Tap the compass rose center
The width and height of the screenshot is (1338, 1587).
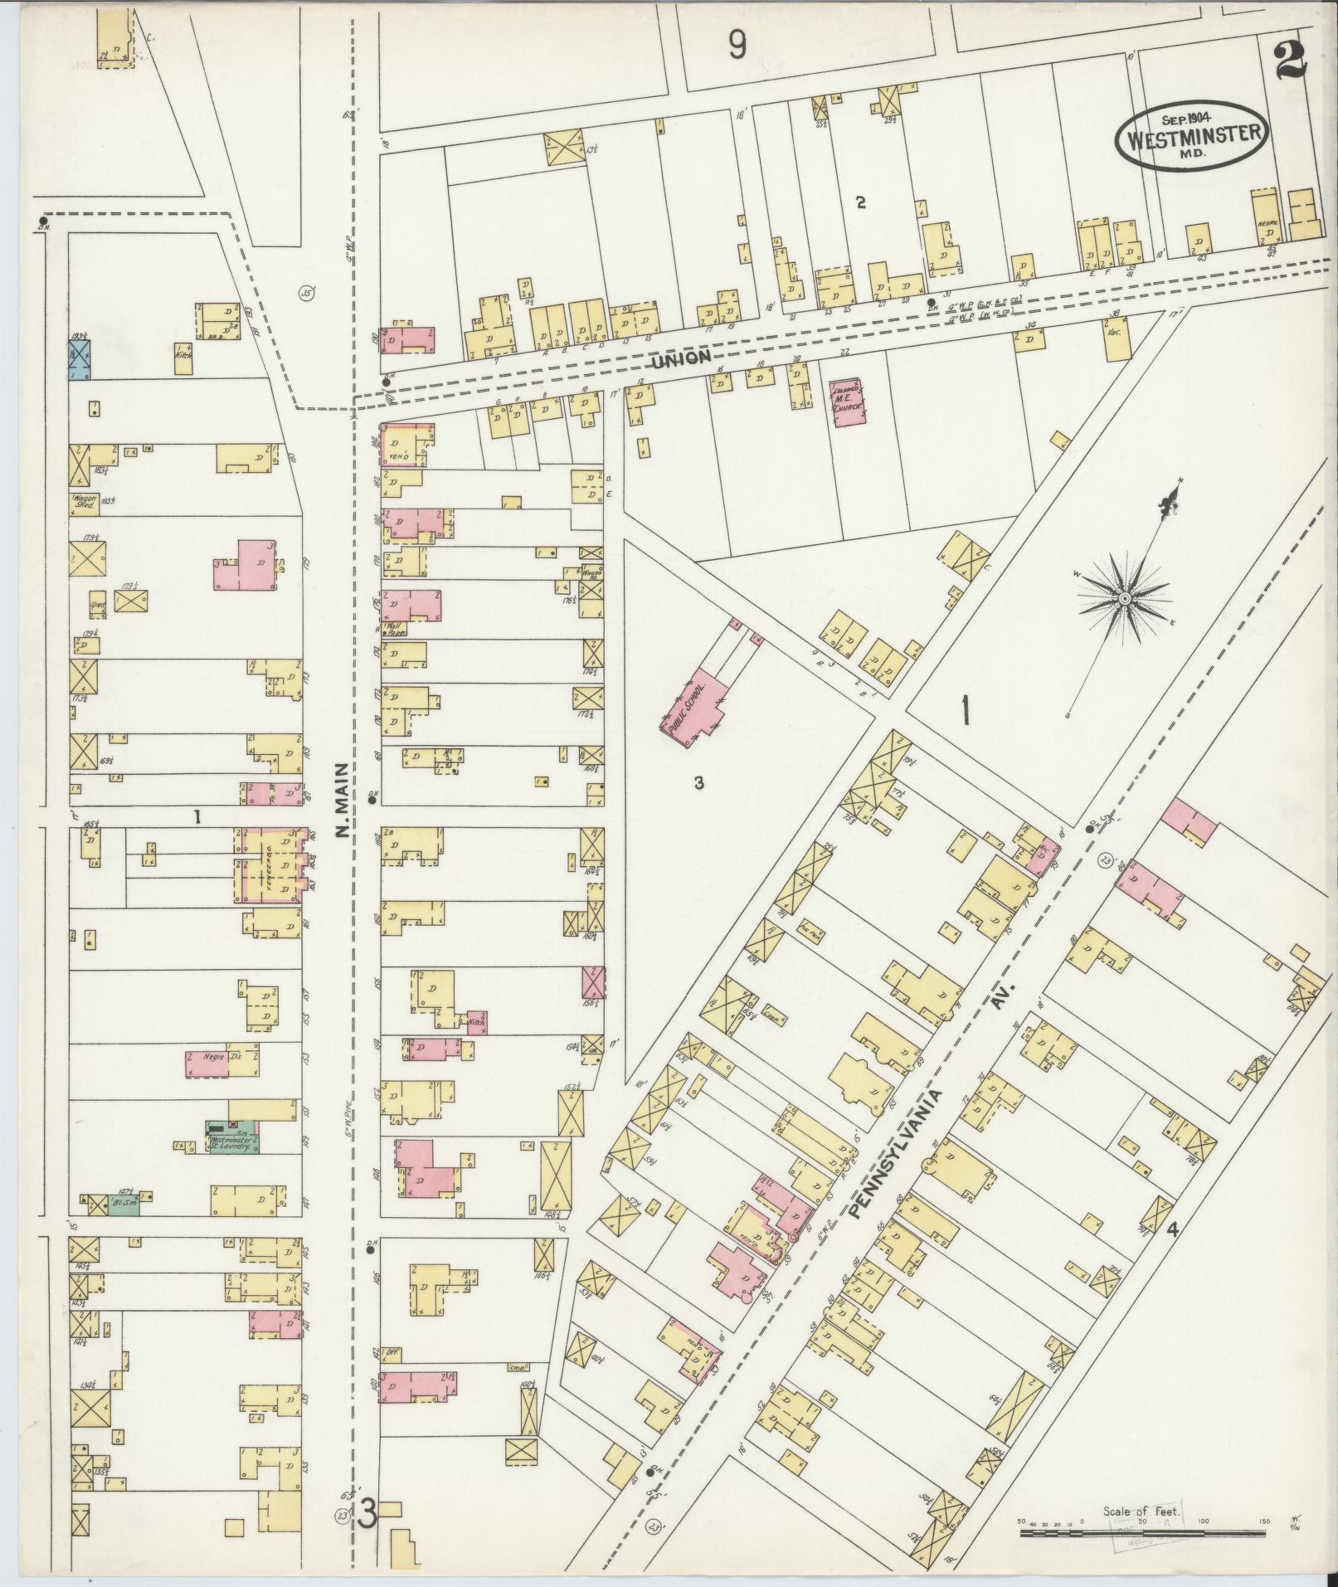tap(1125, 599)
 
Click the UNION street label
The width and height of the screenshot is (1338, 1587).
tap(680, 358)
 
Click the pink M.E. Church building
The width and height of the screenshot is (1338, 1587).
tap(847, 402)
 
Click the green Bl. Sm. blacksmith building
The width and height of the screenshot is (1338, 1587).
tap(124, 1203)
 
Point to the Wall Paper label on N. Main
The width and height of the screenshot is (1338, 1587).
tap(394, 630)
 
